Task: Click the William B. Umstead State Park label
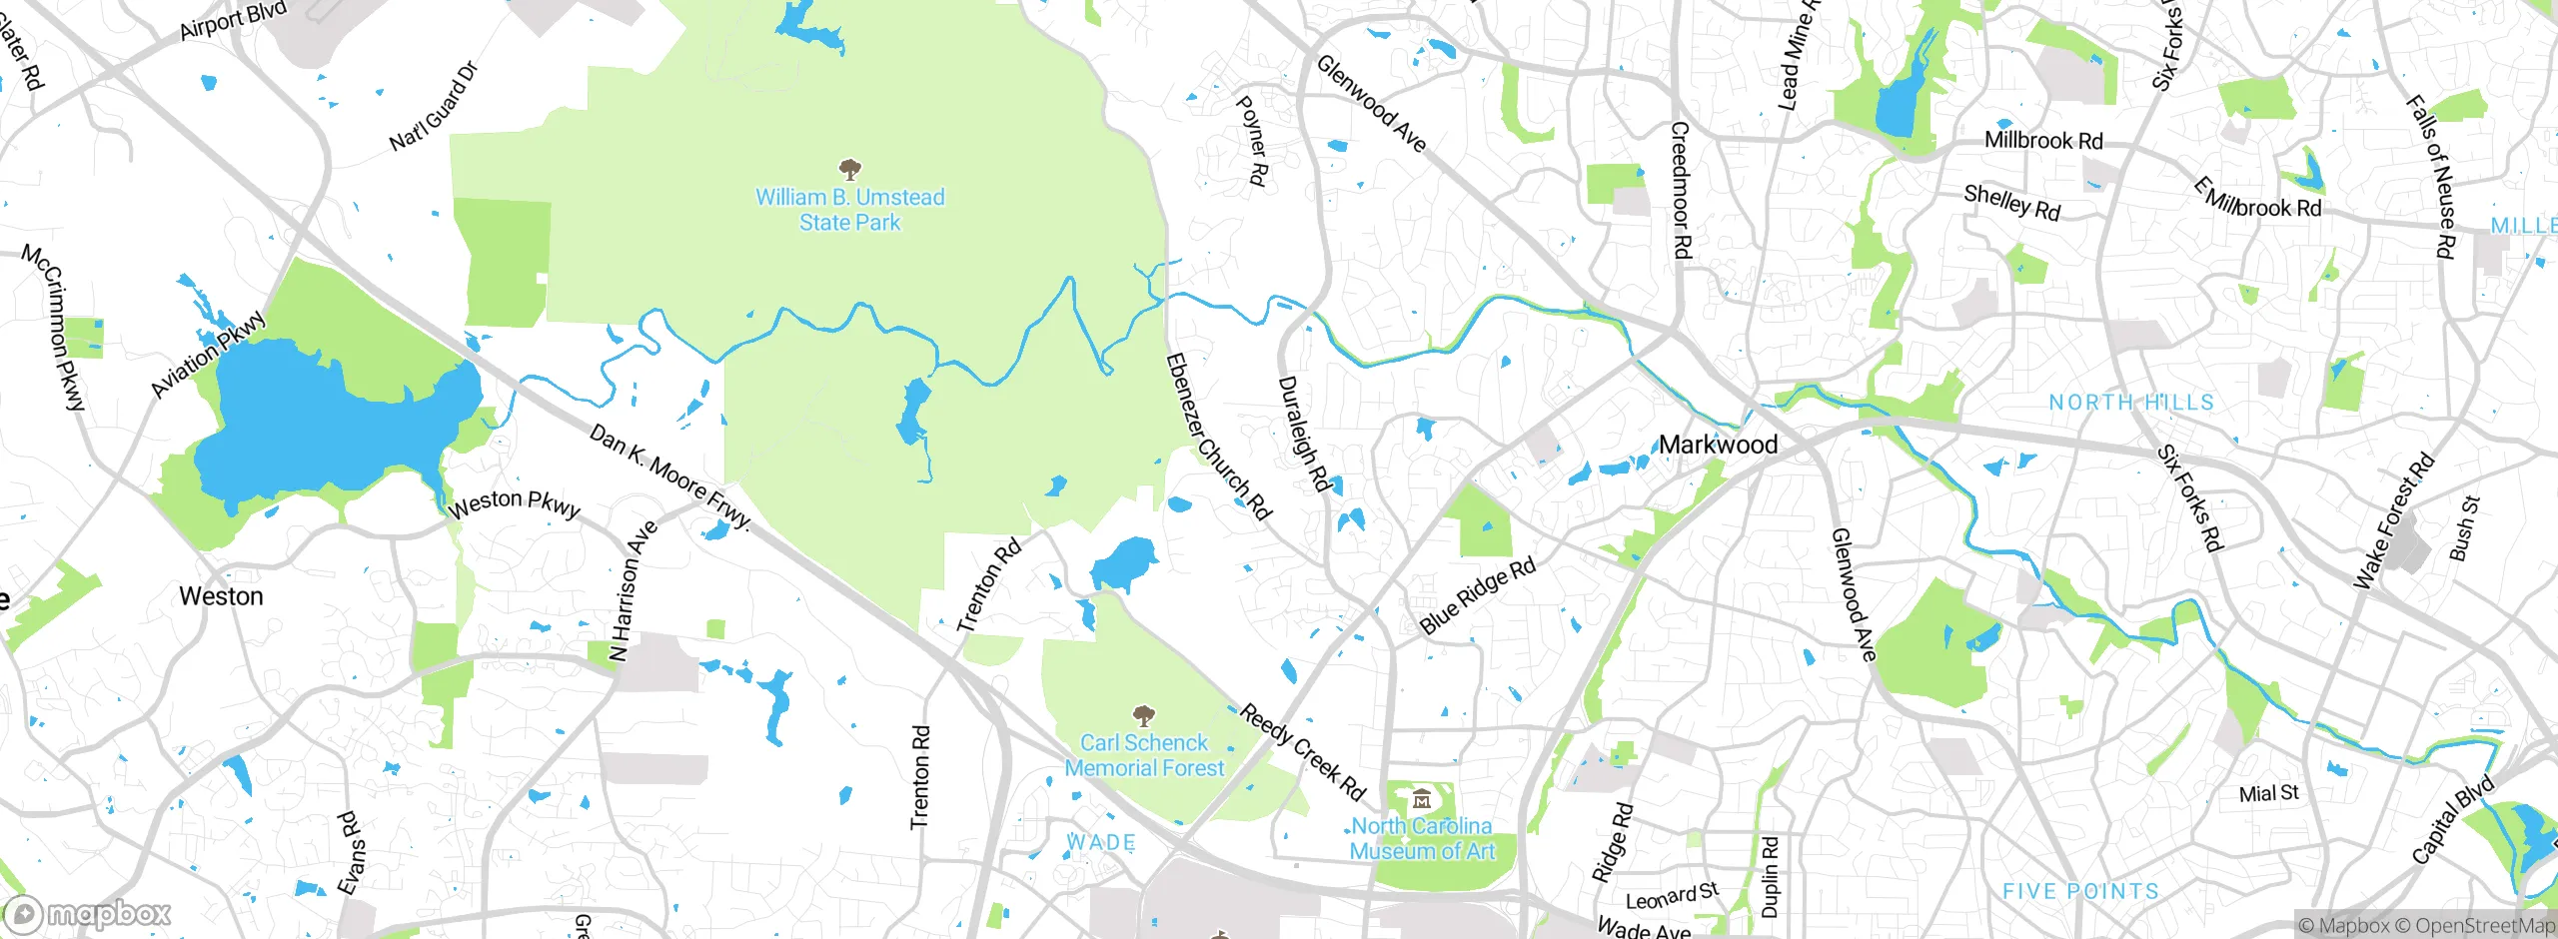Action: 849,210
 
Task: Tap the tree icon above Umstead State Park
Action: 850,168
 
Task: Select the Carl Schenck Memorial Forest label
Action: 1144,755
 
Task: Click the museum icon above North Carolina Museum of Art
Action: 1422,799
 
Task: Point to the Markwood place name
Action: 1718,445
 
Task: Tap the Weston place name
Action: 221,596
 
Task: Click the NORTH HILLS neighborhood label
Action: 2131,403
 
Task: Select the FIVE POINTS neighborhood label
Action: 2080,891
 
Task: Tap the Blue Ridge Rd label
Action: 1477,596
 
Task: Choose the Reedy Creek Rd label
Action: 1302,752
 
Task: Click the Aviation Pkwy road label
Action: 208,354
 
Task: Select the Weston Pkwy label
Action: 514,503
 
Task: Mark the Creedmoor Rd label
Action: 1681,190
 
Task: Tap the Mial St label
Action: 2268,793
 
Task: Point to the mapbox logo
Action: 88,913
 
